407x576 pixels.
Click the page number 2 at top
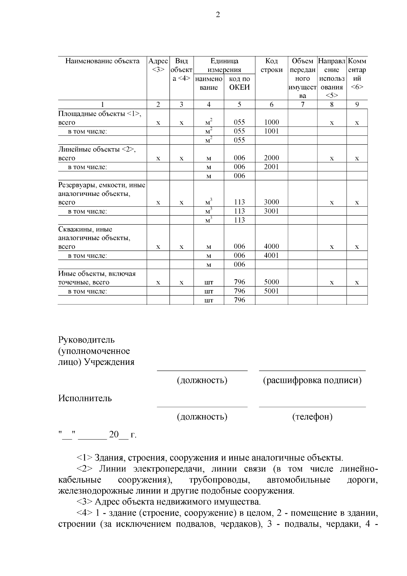(218, 15)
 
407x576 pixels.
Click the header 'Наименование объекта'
(102, 61)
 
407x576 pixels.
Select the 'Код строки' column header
(271, 66)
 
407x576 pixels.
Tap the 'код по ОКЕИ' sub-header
(239, 83)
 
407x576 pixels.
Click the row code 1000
(271, 122)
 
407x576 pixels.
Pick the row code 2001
(271, 167)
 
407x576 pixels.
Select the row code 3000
(271, 202)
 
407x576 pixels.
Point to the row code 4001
(271, 255)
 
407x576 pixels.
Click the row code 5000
(271, 282)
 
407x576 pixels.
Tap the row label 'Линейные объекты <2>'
(97, 149)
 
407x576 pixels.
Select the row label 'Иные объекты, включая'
(97, 274)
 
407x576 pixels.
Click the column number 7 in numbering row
(303, 105)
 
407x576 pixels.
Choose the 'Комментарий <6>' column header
(357, 74)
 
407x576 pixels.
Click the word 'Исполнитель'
(85, 398)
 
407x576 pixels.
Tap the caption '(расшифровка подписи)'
(312, 380)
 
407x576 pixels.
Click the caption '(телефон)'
(312, 417)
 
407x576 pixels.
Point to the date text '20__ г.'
(122, 435)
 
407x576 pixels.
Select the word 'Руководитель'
(86, 340)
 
